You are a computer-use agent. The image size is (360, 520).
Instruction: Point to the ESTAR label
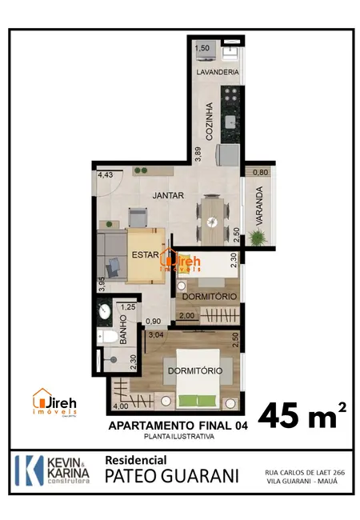[x=146, y=258]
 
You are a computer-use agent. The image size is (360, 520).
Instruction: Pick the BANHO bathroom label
[x=124, y=331]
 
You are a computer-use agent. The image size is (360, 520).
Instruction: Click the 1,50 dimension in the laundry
[x=202, y=49]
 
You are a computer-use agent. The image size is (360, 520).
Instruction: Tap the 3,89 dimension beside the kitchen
[x=197, y=154]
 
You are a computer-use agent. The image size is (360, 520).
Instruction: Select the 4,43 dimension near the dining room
[x=105, y=175]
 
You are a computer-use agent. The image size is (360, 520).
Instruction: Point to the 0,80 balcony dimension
[x=260, y=173]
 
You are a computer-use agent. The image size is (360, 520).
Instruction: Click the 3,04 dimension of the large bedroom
[x=156, y=335]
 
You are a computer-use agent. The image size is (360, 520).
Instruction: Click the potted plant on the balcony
[x=258, y=237]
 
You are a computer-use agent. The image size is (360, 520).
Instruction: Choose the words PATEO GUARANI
[x=172, y=476]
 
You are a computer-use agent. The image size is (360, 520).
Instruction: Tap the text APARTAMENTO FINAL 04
[x=178, y=426]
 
